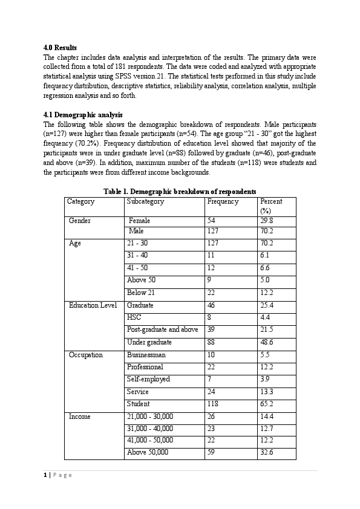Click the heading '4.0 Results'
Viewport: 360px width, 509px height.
[60, 47]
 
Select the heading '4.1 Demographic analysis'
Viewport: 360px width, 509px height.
[83, 114]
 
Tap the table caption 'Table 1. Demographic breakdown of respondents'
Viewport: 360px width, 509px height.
[180, 191]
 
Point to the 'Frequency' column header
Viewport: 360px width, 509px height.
[223, 201]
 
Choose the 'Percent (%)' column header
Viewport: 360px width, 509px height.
[270, 206]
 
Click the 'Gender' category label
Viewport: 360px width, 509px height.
[80, 221]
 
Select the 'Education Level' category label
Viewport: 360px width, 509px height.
[93, 305]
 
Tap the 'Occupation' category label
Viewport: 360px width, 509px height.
[86, 355]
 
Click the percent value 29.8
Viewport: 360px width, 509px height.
[266, 221]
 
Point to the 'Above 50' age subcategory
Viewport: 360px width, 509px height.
[141, 280]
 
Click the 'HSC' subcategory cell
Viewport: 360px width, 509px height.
[134, 317]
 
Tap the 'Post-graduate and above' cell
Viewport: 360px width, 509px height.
[162, 329]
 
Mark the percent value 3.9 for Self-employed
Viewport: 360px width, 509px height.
[264, 379]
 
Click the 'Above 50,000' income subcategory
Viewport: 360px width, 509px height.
[148, 452]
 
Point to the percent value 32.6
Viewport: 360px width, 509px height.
[266, 452]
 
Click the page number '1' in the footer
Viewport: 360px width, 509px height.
[45, 475]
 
